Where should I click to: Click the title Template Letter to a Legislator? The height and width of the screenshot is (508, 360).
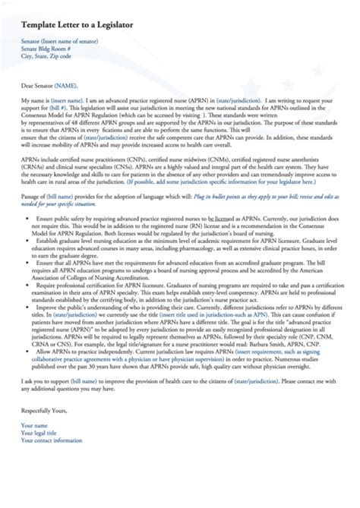[77, 26]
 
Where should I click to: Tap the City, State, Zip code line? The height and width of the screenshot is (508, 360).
[47, 56]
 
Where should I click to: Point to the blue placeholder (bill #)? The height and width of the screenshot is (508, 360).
[59, 109]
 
